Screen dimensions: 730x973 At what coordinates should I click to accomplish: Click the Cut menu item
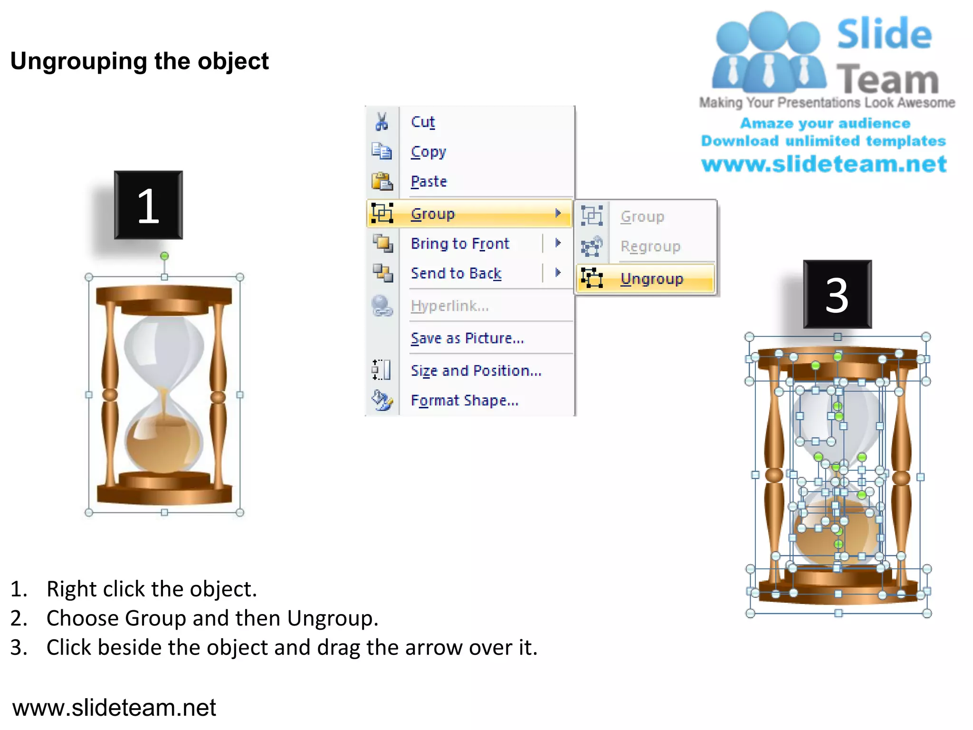pos(422,122)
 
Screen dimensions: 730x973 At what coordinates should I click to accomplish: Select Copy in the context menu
pos(428,152)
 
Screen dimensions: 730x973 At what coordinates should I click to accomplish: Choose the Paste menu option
pos(429,182)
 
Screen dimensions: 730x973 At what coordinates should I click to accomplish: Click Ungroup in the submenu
pos(651,279)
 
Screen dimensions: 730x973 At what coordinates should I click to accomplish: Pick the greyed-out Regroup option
pos(650,246)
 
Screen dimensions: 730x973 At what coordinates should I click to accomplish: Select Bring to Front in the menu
pos(459,243)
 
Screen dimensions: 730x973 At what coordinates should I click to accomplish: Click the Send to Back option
pos(456,273)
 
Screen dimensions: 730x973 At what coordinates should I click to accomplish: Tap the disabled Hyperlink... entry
pos(449,306)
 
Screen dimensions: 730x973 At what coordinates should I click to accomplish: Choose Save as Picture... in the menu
pos(467,338)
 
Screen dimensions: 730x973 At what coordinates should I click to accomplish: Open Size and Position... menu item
pos(476,370)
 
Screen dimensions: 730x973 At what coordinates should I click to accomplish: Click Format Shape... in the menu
pos(464,400)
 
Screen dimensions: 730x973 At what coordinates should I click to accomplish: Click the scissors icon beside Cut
pos(382,122)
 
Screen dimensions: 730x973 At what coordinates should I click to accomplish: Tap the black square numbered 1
pos(148,205)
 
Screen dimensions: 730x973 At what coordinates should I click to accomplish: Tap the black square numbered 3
pos(837,294)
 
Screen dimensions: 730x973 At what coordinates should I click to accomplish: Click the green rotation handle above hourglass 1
pos(164,256)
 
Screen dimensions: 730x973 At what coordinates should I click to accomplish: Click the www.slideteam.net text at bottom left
pos(114,707)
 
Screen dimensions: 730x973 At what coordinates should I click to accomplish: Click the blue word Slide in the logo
pos(884,34)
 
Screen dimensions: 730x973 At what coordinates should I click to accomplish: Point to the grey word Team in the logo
pos(887,79)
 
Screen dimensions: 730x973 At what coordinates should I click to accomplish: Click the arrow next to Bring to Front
pos(558,243)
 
